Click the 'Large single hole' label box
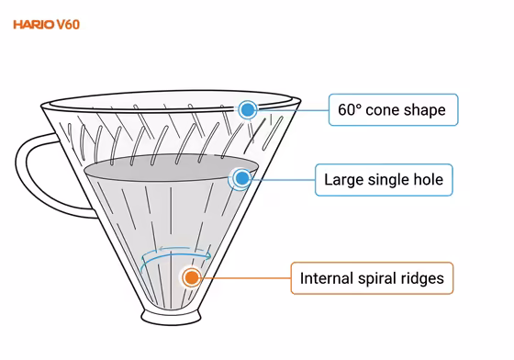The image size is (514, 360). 383,179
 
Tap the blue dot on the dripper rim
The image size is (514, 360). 247,110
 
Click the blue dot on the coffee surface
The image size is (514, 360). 241,179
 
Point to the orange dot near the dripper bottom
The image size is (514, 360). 191,276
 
